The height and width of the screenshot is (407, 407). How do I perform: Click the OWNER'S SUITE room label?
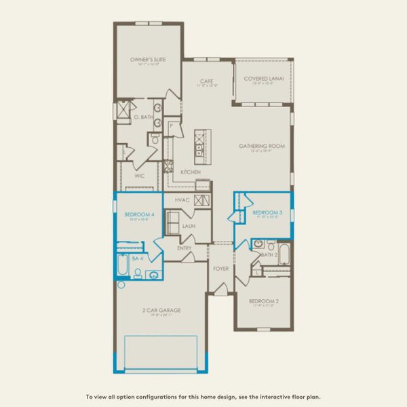(x=148, y=60)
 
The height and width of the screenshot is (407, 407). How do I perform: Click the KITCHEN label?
(x=190, y=172)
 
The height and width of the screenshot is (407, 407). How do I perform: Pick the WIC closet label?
(x=140, y=175)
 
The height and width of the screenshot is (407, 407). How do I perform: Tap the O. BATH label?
(x=140, y=117)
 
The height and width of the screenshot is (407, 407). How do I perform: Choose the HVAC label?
(x=181, y=200)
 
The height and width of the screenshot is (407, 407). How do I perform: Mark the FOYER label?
(x=220, y=268)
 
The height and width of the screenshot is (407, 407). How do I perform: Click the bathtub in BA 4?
(x=121, y=267)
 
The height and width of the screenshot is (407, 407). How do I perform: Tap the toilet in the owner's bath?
(x=154, y=140)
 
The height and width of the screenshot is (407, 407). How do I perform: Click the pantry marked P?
(x=172, y=126)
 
